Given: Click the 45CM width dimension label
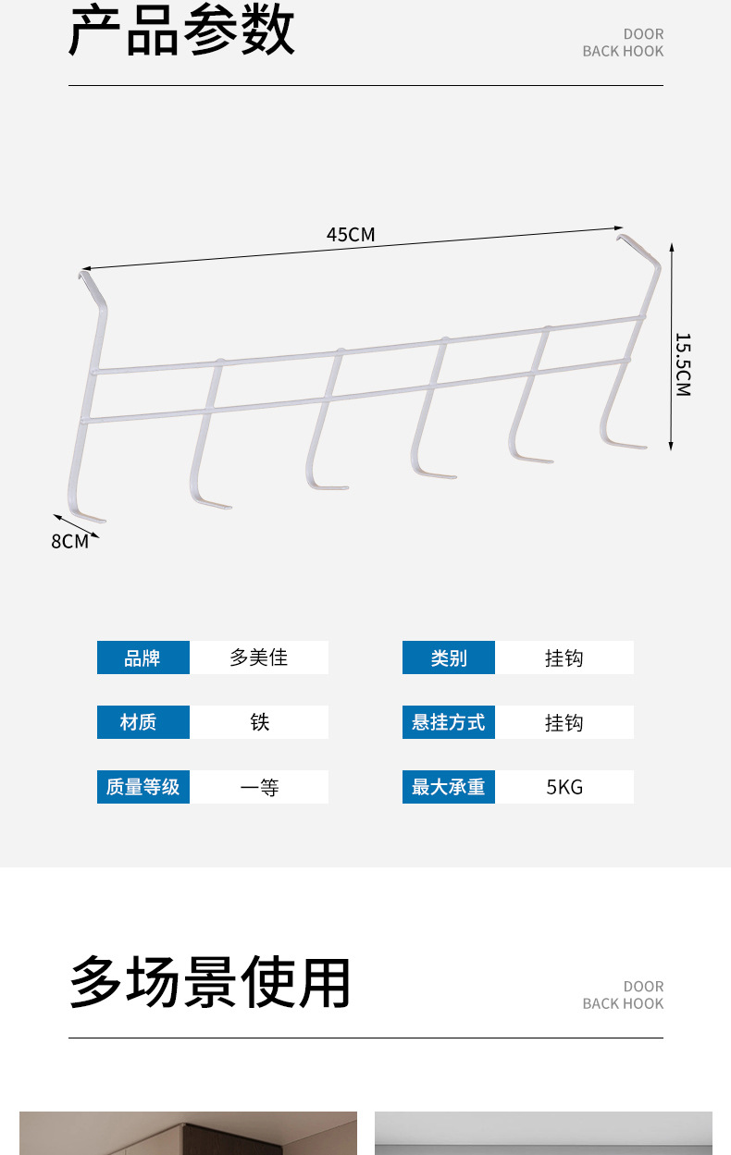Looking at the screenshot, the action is click(351, 235).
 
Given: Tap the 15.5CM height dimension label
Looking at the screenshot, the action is click(683, 364).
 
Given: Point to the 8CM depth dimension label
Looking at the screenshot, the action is click(69, 542).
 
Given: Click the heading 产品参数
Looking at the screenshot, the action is click(182, 31).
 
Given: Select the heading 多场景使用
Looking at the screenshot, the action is click(210, 983).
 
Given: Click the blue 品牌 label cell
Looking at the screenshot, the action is click(142, 657).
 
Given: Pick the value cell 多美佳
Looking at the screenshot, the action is click(259, 657).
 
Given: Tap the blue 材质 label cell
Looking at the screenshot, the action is click(142, 722).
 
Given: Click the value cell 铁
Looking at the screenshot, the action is click(259, 722).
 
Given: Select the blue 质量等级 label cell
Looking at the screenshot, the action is click(142, 787).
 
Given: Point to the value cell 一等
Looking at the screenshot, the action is click(259, 787).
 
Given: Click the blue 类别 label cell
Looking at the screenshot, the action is click(448, 657).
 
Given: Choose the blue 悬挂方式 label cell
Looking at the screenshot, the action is click(448, 722).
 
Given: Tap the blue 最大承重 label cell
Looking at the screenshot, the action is click(448, 787).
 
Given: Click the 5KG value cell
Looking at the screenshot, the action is click(564, 787).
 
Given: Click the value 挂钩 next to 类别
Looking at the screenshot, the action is click(564, 657).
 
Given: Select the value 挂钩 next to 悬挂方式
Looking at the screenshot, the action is click(564, 722).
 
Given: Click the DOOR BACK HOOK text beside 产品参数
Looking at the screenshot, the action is click(623, 43).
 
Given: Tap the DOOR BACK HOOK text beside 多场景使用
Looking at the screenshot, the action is click(623, 995).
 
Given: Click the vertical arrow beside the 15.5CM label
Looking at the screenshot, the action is click(671, 347).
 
